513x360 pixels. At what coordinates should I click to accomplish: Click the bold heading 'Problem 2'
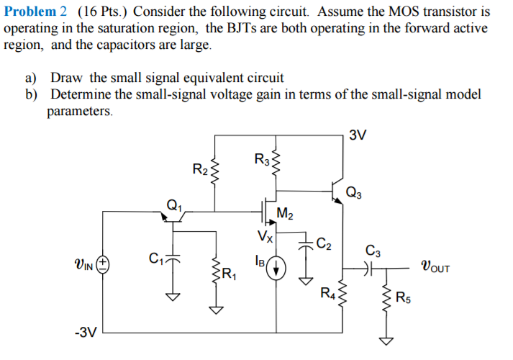35,12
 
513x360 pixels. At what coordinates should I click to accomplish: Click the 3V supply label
358,135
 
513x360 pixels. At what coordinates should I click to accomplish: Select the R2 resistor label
201,170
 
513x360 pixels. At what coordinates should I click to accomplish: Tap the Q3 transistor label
354,192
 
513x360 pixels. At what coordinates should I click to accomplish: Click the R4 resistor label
327,292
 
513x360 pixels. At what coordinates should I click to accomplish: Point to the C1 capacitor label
153,256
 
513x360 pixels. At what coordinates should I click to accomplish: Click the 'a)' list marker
35,77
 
